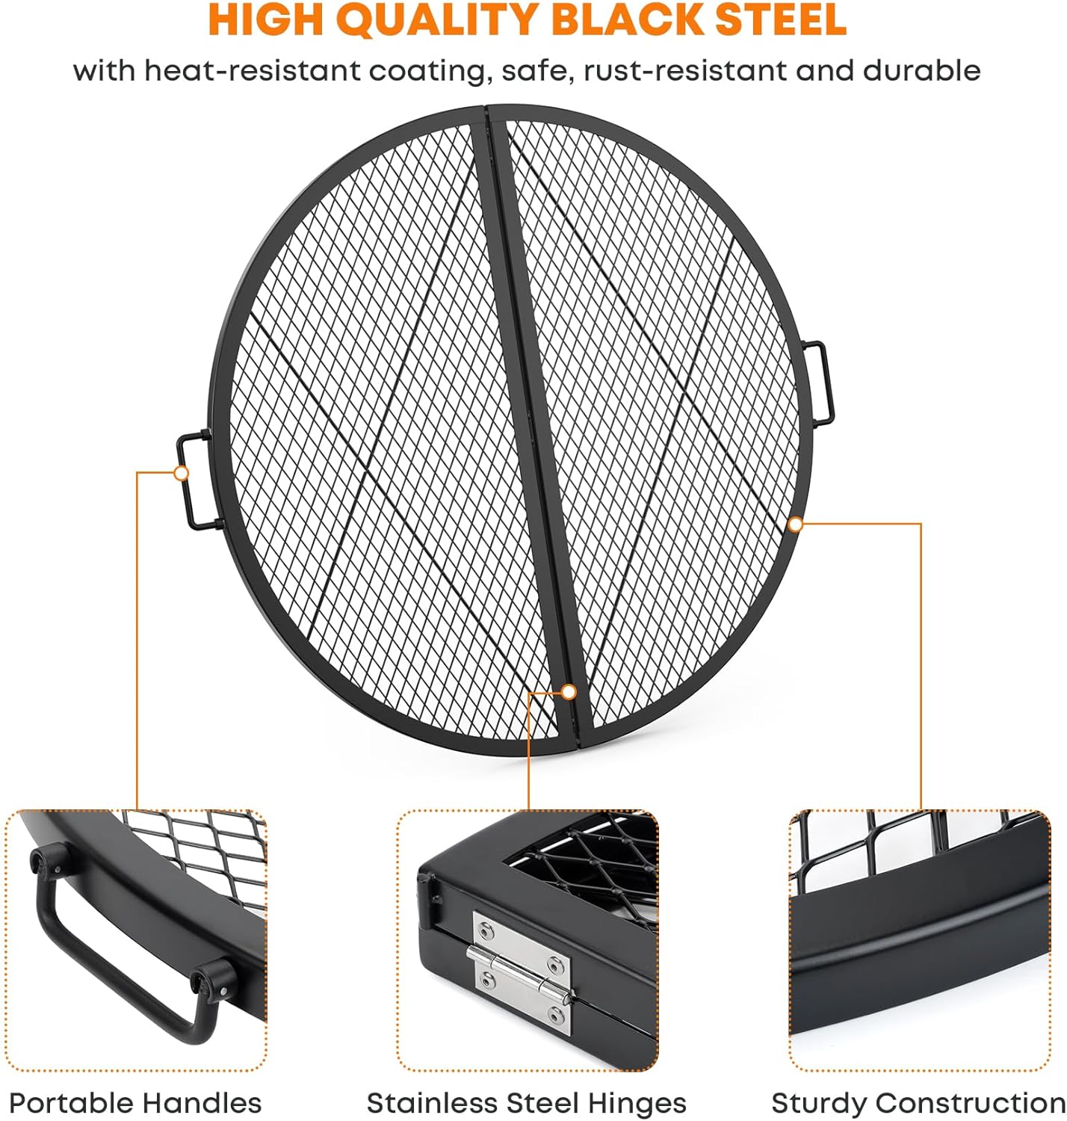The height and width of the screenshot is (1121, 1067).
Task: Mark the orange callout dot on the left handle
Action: click(181, 473)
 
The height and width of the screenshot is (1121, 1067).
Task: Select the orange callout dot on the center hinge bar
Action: click(569, 691)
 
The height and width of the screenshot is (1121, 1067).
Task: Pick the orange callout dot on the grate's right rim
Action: click(796, 525)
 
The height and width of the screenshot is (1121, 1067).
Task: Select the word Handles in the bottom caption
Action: click(202, 1103)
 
